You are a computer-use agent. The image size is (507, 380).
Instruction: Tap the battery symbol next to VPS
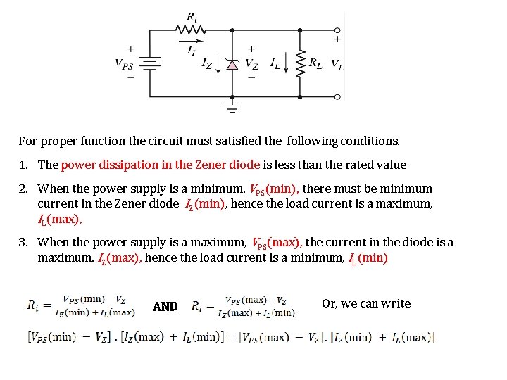(x=151, y=63)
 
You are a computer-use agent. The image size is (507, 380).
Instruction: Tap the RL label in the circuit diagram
(x=316, y=63)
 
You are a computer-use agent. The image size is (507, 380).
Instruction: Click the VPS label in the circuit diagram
(x=124, y=63)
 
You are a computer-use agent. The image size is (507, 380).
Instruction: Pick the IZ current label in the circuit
(x=207, y=64)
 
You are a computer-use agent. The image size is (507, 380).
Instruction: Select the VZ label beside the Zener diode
(x=251, y=64)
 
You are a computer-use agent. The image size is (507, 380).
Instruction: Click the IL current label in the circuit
(x=275, y=63)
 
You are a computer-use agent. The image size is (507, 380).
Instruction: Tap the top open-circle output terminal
(x=337, y=30)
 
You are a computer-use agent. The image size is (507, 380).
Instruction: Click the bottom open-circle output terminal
(x=337, y=96)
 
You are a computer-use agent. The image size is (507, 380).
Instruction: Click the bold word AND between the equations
(x=165, y=307)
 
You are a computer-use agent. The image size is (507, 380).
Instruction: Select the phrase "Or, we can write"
(x=365, y=303)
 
